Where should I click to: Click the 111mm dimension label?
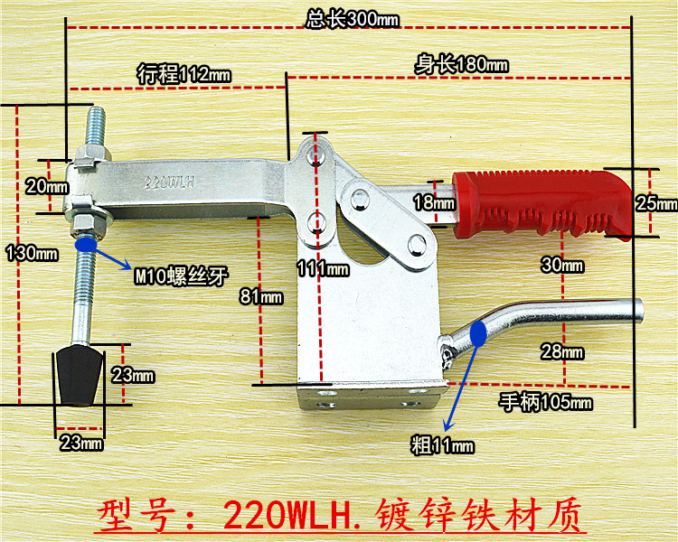[322, 268]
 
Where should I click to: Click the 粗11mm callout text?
[440, 445]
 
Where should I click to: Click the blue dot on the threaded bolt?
[87, 243]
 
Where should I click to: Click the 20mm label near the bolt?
[46, 187]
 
